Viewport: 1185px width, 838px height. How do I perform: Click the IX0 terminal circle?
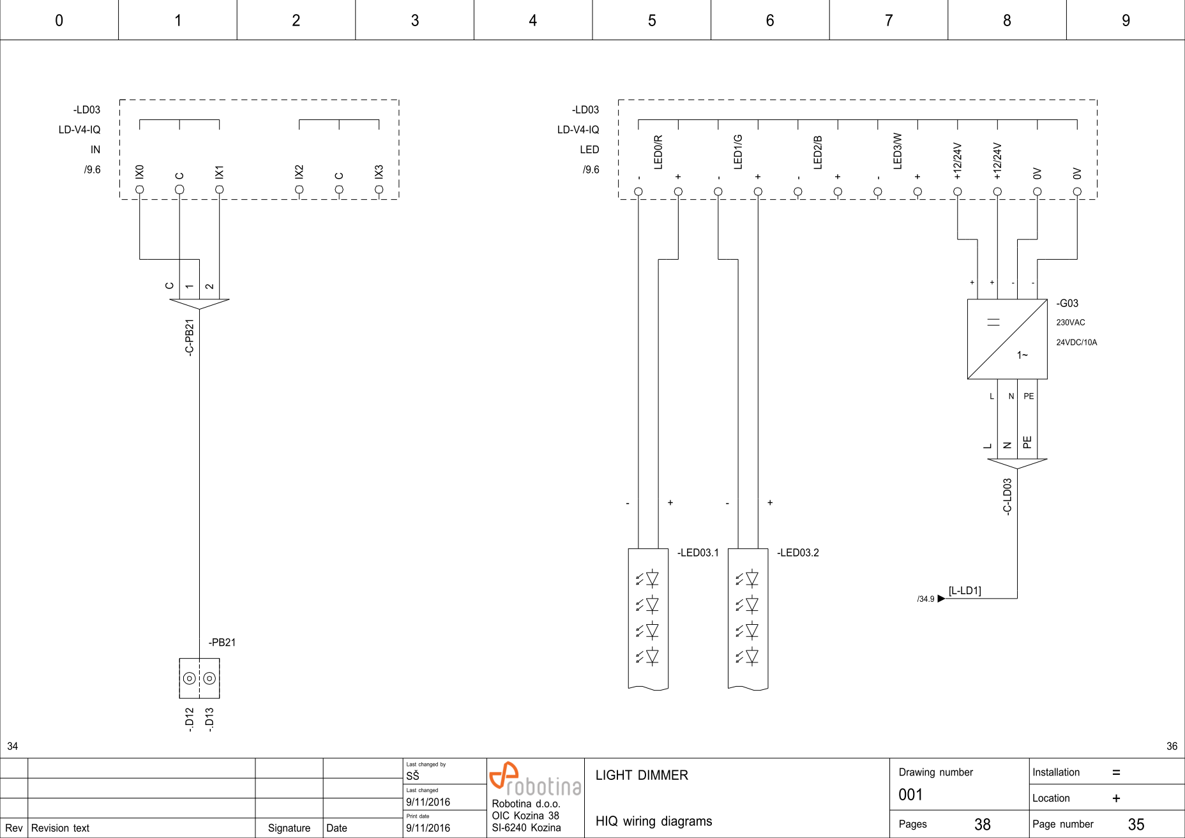(x=139, y=190)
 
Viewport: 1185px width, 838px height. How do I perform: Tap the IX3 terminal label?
(x=379, y=172)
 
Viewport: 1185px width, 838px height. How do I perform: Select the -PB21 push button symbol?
(x=199, y=678)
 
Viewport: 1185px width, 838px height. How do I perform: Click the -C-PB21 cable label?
(x=190, y=337)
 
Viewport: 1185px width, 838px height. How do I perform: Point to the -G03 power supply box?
(x=1007, y=339)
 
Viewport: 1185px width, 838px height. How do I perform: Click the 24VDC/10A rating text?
(x=1076, y=343)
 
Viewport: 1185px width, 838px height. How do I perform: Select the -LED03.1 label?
(x=698, y=553)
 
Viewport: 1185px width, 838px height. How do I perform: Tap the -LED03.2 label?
(x=797, y=553)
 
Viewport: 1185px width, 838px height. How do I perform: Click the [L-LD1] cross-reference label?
(x=964, y=591)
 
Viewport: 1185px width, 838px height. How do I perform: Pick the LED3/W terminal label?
(x=898, y=151)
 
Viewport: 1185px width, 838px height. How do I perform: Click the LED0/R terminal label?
(x=658, y=152)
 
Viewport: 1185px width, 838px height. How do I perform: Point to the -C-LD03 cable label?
(x=1008, y=497)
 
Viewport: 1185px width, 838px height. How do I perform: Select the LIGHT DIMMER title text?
(x=642, y=775)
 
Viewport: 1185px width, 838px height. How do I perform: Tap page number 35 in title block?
(x=1136, y=825)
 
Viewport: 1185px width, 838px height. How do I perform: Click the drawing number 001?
(x=910, y=795)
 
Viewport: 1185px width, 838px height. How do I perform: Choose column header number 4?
(x=533, y=20)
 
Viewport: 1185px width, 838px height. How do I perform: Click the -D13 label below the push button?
(x=209, y=719)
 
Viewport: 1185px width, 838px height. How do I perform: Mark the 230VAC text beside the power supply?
(x=1070, y=323)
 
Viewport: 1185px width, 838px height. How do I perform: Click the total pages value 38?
(x=982, y=825)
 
